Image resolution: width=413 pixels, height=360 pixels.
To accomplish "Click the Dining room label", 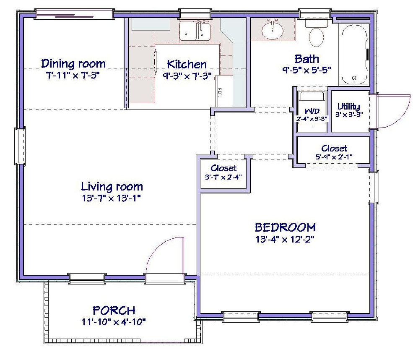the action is coord(73,64).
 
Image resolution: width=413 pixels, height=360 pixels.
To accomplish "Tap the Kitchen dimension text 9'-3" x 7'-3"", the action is coord(187,76).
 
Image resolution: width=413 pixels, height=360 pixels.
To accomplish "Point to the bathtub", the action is coord(354,55).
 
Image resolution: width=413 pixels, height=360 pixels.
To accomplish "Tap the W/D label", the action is coord(312,111).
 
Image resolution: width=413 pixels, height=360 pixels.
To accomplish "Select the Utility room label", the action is coord(349,107).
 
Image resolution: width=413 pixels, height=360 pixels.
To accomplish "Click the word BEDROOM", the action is coord(285,227).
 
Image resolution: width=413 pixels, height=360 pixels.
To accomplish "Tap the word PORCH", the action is coord(114,310).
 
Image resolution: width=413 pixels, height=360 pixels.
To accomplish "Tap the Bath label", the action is coord(307,59).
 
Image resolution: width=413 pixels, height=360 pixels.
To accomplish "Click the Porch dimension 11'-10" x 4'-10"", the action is coord(114,322).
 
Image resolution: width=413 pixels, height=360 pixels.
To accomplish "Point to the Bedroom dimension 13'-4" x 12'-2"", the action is coord(285,239).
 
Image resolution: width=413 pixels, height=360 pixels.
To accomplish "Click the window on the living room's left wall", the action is coord(20,146).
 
